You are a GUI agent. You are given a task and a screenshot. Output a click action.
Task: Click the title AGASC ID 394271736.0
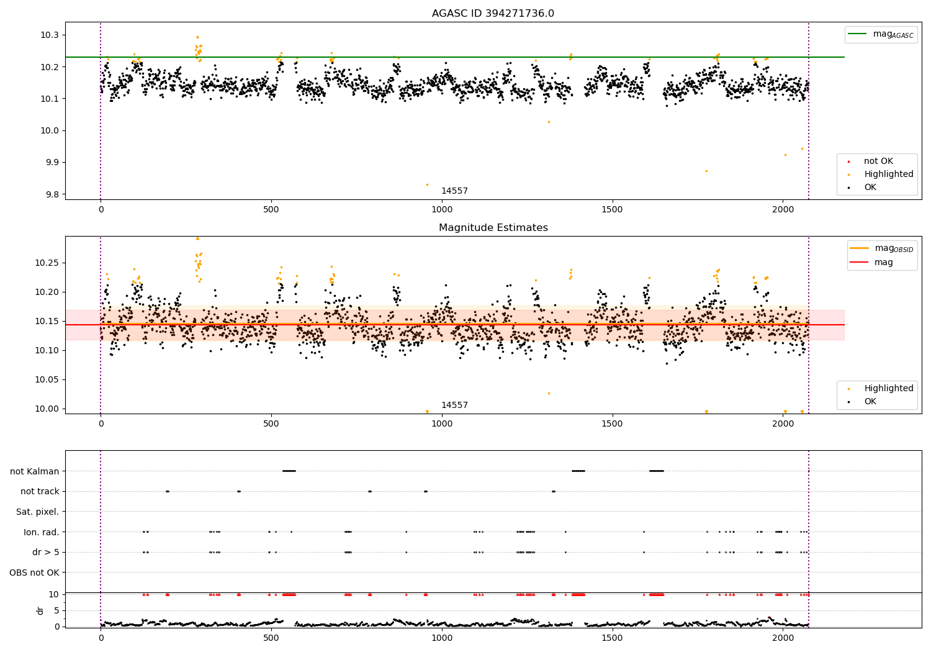(x=493, y=14)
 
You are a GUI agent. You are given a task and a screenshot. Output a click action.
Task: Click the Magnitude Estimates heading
(x=493, y=228)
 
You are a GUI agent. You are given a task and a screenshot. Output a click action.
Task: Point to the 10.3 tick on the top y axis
(x=49, y=35)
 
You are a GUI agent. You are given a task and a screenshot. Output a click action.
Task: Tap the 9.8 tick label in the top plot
(x=52, y=194)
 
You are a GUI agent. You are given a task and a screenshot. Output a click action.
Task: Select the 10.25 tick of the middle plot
(x=47, y=263)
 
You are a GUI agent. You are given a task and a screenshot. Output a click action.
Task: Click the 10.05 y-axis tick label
(x=47, y=380)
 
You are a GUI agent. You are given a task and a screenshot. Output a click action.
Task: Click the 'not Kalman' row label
(x=35, y=471)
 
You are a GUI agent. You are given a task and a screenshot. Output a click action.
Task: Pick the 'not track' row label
(x=40, y=491)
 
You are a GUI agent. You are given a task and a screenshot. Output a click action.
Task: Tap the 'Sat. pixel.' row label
(x=38, y=512)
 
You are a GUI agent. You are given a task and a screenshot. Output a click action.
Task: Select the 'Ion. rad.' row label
(x=41, y=532)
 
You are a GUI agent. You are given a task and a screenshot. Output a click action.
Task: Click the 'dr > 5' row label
(x=46, y=552)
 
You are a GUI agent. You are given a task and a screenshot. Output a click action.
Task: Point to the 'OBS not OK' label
(x=34, y=573)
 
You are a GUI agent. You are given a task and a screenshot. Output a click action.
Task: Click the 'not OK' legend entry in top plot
(x=878, y=161)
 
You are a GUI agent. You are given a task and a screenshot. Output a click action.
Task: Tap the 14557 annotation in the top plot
(x=454, y=191)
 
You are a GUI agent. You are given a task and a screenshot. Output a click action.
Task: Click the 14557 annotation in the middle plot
(x=454, y=405)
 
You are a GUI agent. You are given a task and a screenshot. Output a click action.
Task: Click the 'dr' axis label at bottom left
(x=40, y=610)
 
